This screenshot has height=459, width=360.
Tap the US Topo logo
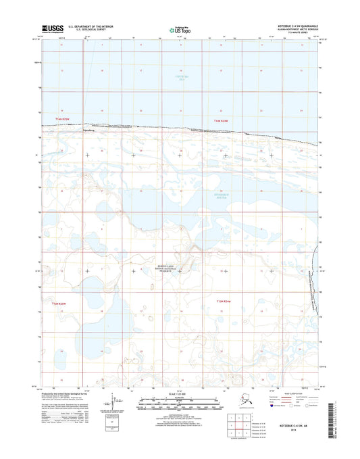point(180,30)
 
